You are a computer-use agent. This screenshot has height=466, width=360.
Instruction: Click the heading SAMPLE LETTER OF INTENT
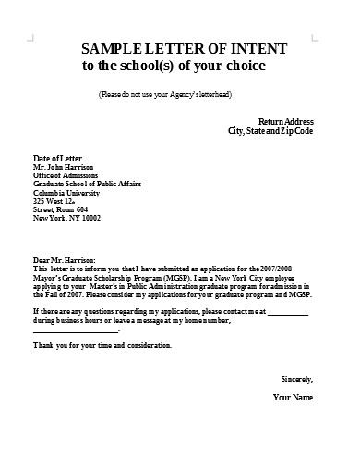[x=184, y=48]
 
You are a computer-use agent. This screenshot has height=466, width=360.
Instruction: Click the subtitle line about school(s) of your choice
[x=174, y=66]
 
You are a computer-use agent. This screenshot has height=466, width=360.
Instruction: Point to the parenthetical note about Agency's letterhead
[x=164, y=95]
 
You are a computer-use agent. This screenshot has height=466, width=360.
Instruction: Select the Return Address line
[x=285, y=121]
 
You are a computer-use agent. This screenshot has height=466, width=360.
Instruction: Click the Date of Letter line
[x=59, y=158]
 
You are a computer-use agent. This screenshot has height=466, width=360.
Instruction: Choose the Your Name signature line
[x=294, y=398]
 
